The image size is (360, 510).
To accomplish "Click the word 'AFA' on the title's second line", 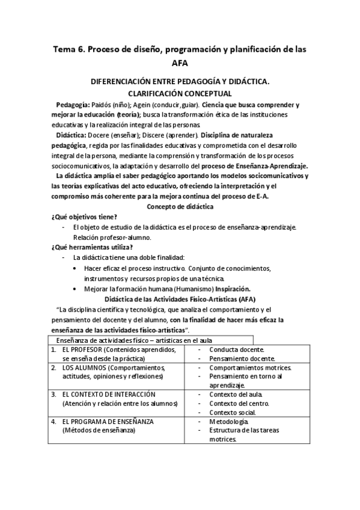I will (180, 63).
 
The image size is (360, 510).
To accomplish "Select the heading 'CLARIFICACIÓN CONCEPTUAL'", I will (180, 93).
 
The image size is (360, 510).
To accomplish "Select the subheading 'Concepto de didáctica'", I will (180, 206).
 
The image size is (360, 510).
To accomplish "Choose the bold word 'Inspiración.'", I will (233, 288).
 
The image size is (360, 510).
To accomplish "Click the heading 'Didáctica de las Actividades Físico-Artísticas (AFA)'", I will (180, 298).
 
